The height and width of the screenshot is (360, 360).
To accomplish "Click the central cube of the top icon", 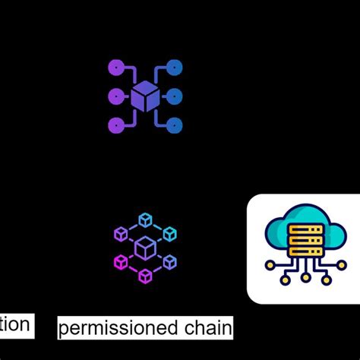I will click(x=144, y=97).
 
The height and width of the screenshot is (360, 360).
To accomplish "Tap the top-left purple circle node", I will click(x=115, y=68).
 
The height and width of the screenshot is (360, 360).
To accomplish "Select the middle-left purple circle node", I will click(x=115, y=96).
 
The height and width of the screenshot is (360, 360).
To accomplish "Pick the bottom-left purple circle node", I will click(x=115, y=125).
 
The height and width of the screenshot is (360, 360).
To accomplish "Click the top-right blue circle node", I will click(x=174, y=68).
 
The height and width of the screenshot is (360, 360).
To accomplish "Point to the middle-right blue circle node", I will click(x=174, y=96).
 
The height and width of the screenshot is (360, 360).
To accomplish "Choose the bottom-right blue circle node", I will click(x=174, y=125).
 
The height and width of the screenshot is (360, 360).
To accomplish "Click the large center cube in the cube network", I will click(x=145, y=248).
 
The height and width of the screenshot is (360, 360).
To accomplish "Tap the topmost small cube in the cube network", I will click(x=145, y=219).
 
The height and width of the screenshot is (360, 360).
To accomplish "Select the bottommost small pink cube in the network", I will click(x=145, y=276).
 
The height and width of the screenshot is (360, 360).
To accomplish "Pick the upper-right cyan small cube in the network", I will click(x=170, y=234).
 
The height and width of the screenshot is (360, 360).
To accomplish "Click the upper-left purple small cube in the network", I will click(x=121, y=234).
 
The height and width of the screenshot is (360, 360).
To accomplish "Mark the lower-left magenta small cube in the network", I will click(x=121, y=263).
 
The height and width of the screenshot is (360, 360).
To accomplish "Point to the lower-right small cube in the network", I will click(x=170, y=263).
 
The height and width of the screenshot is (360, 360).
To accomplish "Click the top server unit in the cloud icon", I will click(x=305, y=229).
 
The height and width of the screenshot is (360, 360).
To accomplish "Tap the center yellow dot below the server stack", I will click(x=305, y=278).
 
